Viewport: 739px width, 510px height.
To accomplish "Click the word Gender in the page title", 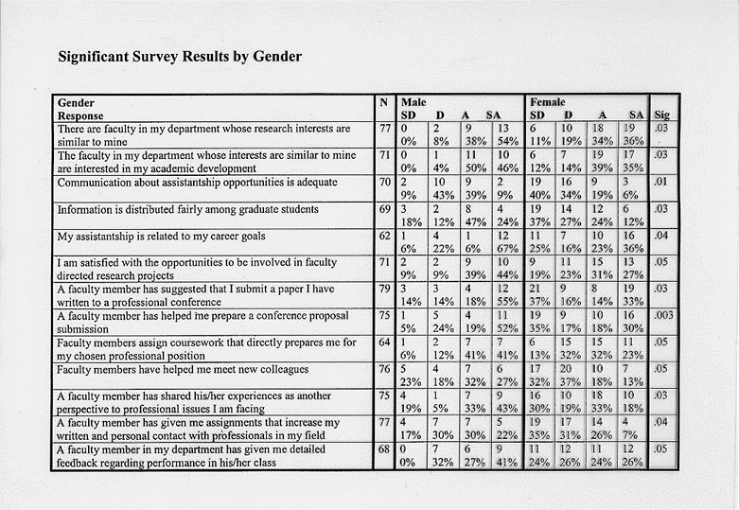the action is point(277,57).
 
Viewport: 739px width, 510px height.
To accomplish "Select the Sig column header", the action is point(661,114).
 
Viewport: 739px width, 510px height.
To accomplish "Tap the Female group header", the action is point(548,102).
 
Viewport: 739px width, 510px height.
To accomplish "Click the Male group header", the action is point(413,102).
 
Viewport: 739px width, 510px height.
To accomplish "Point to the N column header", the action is point(384,102).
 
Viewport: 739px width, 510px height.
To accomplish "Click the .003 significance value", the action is point(663,315).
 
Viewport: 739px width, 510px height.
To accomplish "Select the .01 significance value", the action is point(660,182).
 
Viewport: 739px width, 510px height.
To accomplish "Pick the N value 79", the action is point(385,289).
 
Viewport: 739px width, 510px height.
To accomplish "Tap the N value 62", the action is point(385,236).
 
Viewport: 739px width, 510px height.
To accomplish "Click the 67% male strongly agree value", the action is point(507,249).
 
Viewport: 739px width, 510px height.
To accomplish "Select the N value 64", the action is point(385,343).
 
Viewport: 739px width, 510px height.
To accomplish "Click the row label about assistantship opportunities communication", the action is point(198,183).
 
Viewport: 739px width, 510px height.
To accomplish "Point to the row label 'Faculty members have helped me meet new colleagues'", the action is point(183,370).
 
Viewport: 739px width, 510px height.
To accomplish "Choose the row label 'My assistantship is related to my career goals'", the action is point(161,237).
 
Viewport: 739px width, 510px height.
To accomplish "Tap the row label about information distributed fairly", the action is point(188,209).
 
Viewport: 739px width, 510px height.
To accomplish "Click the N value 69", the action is point(385,208).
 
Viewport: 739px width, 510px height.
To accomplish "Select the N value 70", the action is point(385,182).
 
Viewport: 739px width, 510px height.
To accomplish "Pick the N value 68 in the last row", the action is point(384,449).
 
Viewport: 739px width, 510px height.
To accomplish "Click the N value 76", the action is point(385,369).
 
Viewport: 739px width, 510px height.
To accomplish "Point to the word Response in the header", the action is point(80,116).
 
